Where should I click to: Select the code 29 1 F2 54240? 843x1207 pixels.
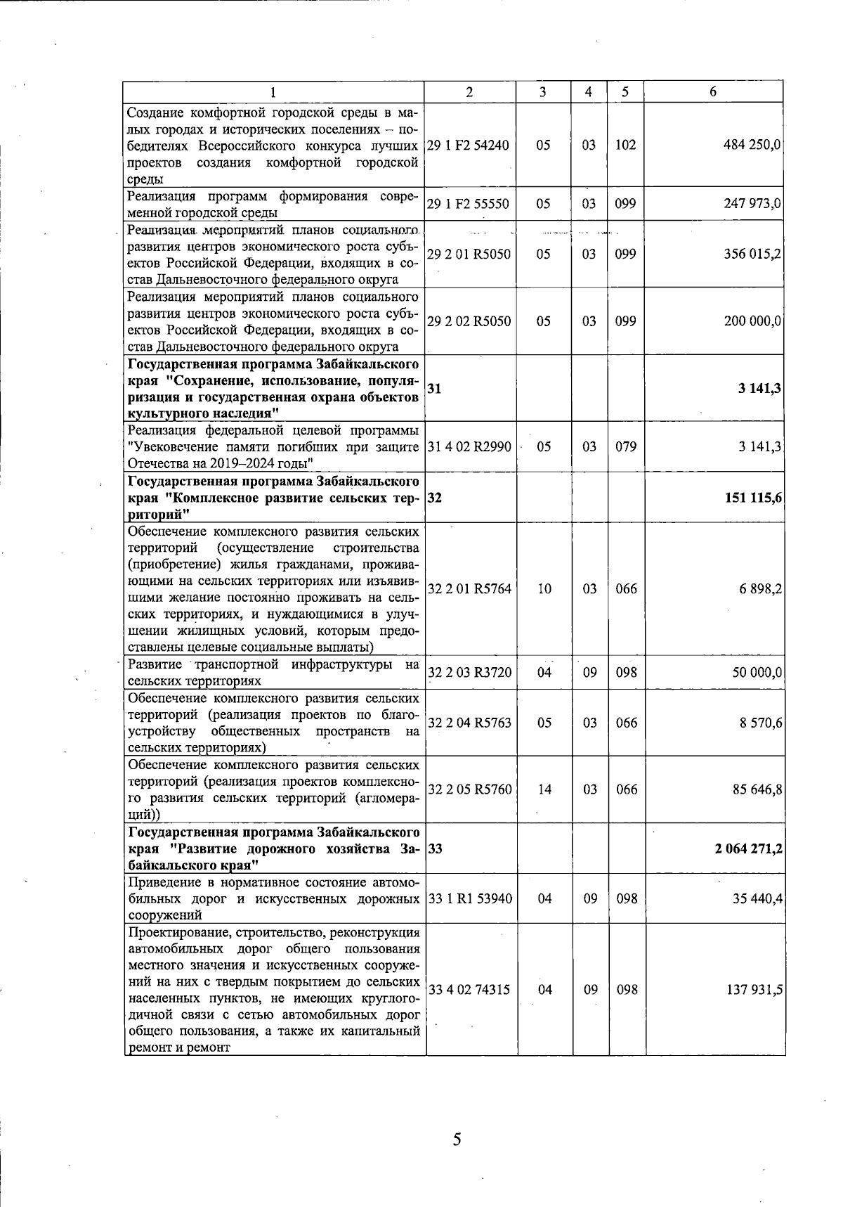click(468, 146)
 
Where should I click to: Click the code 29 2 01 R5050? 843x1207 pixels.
click(468, 254)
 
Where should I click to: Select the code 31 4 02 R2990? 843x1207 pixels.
click(468, 447)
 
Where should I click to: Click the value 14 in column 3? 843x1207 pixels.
click(544, 789)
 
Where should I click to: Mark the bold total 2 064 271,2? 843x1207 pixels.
click(749, 848)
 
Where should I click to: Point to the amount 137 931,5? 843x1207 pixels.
click(752, 990)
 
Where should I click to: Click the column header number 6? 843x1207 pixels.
click(713, 92)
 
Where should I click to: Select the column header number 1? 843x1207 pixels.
click(273, 92)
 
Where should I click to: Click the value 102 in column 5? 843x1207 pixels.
click(625, 146)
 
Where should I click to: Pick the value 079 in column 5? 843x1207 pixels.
click(625, 447)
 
